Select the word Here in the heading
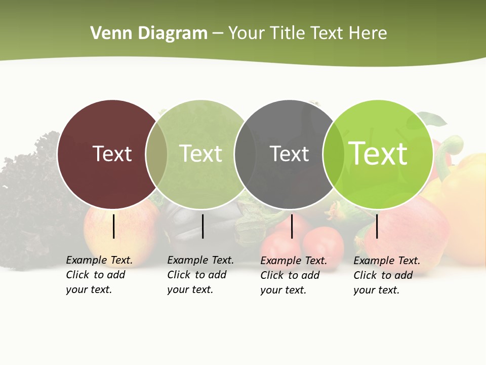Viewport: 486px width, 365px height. click(x=368, y=33)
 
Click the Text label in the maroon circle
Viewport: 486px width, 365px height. click(x=112, y=154)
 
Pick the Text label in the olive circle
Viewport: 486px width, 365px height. click(x=200, y=154)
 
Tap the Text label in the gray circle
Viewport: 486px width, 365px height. click(x=289, y=154)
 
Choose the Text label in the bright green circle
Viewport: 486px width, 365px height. click(x=378, y=154)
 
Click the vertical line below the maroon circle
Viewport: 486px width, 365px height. click(x=114, y=226)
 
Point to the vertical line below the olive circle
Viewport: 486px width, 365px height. click(x=202, y=226)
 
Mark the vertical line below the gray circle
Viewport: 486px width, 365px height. click(x=292, y=226)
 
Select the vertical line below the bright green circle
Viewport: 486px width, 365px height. click(x=377, y=226)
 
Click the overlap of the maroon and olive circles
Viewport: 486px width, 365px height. click(x=156, y=154)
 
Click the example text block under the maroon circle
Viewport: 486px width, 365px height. click(x=99, y=275)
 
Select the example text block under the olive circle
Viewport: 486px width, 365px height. click(x=200, y=275)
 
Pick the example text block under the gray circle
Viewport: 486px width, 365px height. click(x=293, y=275)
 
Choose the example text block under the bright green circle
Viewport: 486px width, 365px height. click(x=386, y=275)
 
